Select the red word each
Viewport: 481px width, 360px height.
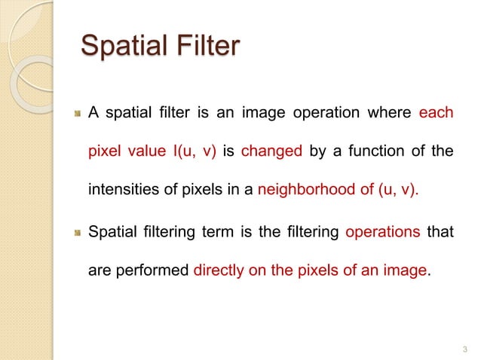437,114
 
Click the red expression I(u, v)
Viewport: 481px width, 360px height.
195,152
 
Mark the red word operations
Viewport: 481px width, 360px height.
382,232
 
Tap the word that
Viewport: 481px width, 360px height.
440,232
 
